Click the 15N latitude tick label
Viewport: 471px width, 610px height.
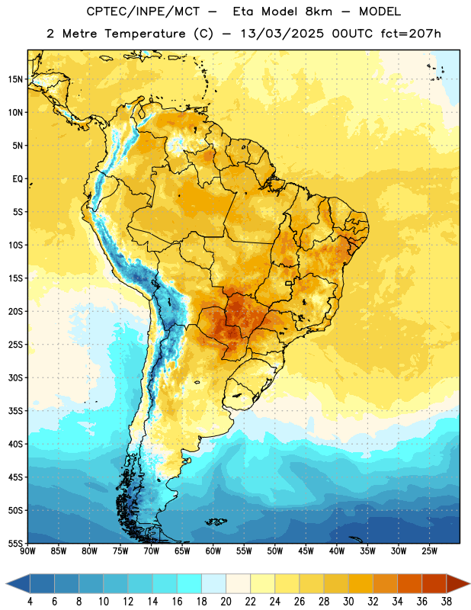15,79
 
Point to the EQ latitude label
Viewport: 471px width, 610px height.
18,179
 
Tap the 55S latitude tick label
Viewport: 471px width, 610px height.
15,543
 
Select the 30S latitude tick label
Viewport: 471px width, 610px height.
15,377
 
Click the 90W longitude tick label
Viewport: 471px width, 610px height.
27,551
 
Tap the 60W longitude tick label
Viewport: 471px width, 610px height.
213,551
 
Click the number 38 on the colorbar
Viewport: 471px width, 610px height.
447,602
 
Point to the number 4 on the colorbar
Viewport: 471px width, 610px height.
30,602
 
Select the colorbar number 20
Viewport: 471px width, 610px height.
226,602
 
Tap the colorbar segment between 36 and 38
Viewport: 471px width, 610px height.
434,583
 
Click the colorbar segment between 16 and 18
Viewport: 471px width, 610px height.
190,583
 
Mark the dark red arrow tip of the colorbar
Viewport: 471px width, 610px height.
469,583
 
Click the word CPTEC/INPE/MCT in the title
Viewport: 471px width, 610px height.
143,11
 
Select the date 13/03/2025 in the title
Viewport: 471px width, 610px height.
282,34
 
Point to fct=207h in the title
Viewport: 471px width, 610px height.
411,34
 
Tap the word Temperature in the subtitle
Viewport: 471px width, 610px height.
145,34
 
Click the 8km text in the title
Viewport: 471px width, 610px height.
319,11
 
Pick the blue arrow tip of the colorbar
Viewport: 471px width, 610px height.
7,583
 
